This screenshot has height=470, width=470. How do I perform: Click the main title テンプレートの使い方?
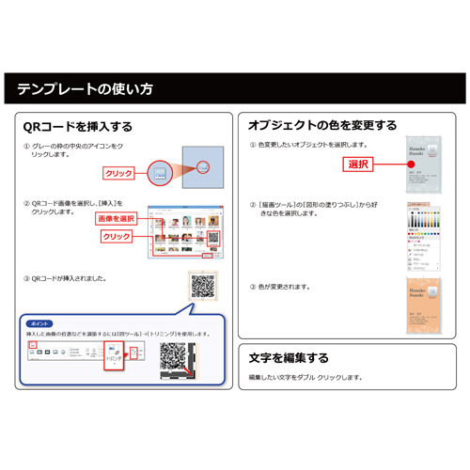pyautogui.click(x=85, y=90)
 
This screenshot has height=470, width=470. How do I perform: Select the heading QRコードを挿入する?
pyautogui.click(x=77, y=126)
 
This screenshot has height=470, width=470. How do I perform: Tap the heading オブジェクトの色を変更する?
pyautogui.click(x=321, y=125)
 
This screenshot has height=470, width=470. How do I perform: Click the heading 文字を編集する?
pyautogui.click(x=289, y=357)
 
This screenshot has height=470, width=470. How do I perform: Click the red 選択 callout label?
pyautogui.click(x=357, y=164)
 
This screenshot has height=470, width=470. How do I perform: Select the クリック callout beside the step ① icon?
pyautogui.click(x=119, y=174)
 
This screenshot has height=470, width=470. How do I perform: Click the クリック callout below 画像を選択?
pyautogui.click(x=117, y=236)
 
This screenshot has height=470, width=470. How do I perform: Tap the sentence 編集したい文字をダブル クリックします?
pyautogui.click(x=305, y=377)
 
